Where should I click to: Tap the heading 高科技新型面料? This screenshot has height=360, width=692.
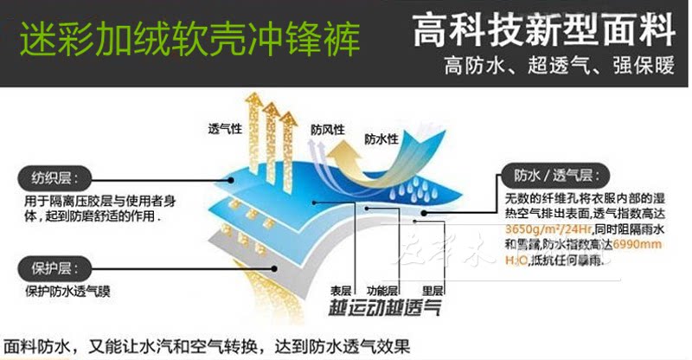click(543, 32)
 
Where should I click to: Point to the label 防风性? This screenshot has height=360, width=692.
click(327, 129)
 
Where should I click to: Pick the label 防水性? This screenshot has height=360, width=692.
click(381, 138)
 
